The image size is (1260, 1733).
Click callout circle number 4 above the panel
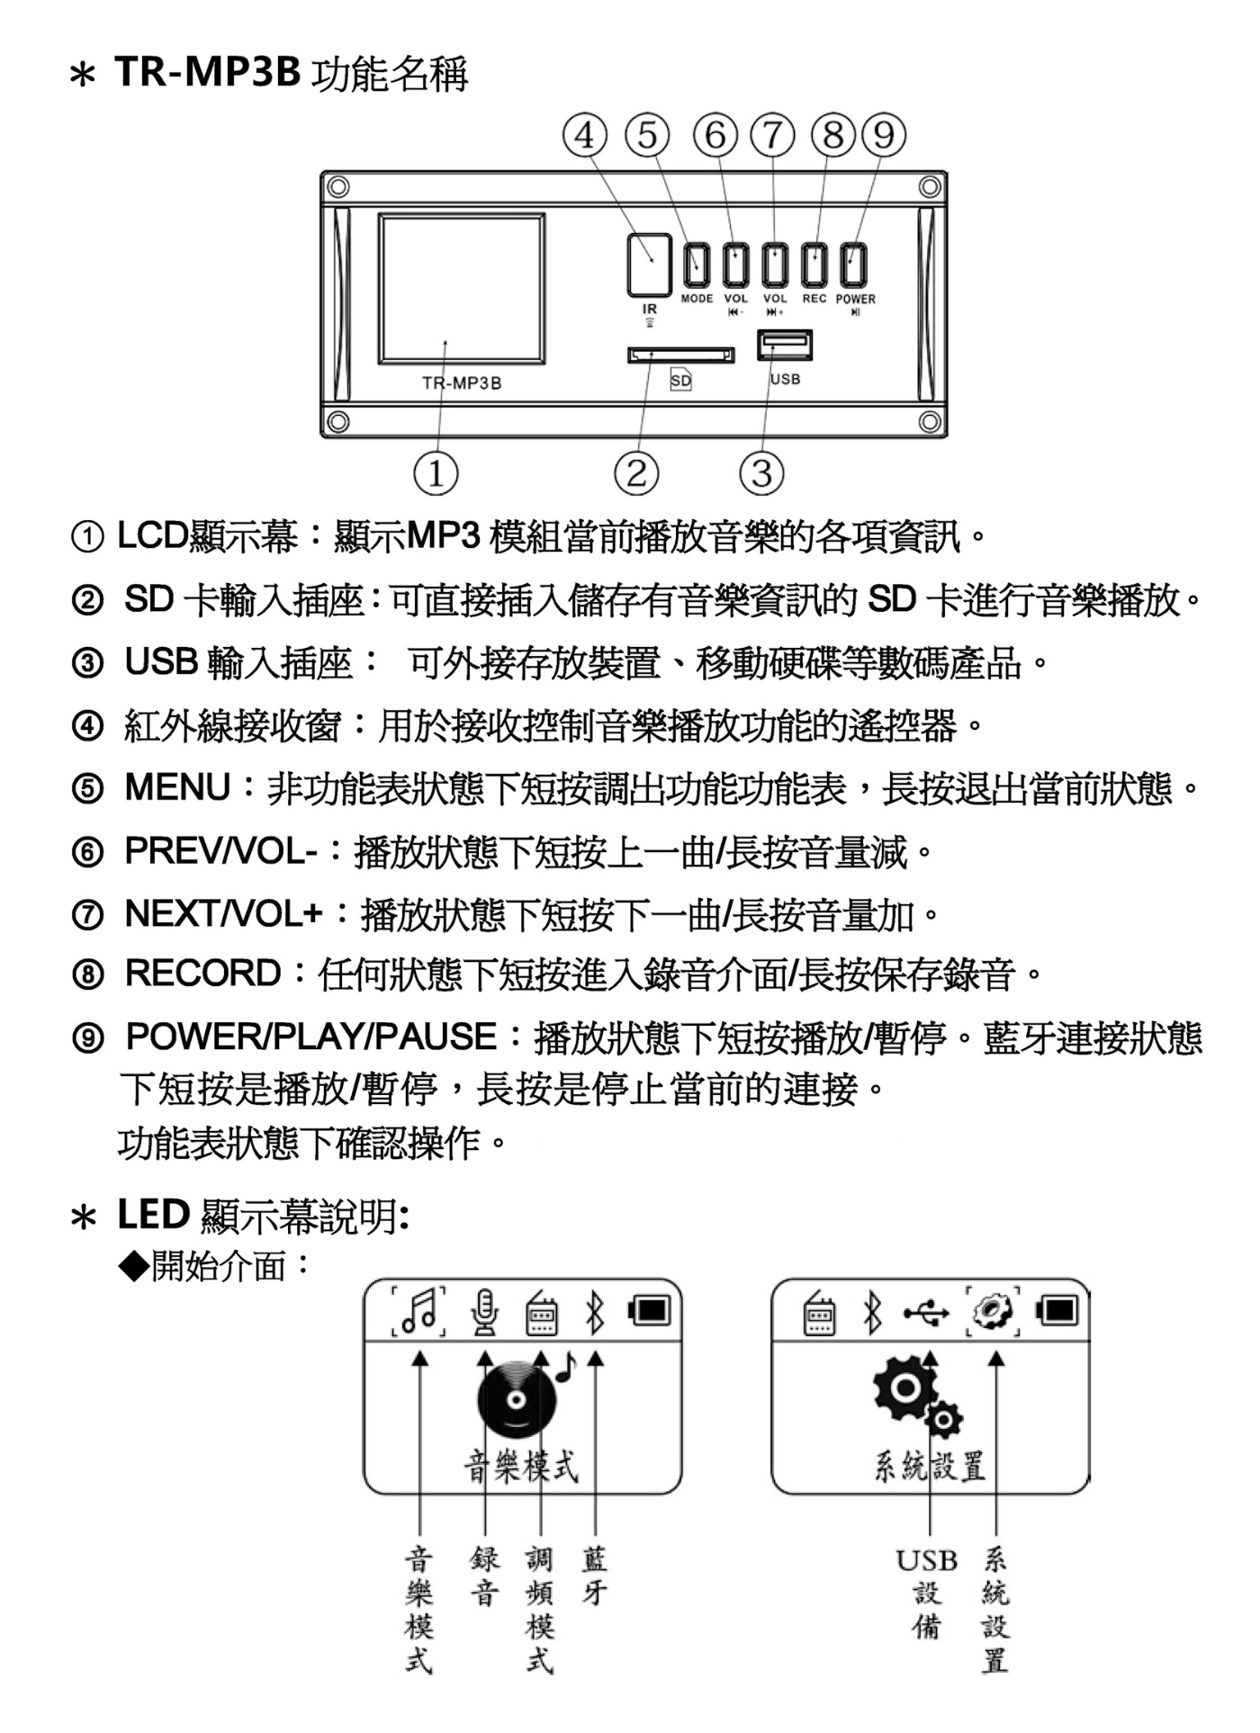pos(585,135)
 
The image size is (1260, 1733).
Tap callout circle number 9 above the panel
pos(884,135)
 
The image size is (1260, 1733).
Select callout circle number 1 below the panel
pos(436,473)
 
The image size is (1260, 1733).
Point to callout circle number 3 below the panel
pos(761,473)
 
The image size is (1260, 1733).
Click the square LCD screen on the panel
pos(461,288)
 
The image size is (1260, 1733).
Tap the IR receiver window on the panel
pos(649,265)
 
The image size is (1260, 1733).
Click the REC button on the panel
pos(814,265)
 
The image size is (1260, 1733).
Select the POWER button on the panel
pos(853,265)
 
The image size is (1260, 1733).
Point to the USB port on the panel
pos(785,345)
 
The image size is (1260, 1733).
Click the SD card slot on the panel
pos(680,355)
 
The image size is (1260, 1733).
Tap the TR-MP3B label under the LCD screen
pos(462,383)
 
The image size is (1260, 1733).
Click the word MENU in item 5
pos(178,787)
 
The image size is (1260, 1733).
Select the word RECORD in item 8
pos(203,974)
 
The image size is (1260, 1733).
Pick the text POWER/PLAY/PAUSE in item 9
pos(311,1037)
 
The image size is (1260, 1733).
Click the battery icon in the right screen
pos(1057,1310)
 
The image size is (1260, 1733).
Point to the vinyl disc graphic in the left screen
pos(516,1398)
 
